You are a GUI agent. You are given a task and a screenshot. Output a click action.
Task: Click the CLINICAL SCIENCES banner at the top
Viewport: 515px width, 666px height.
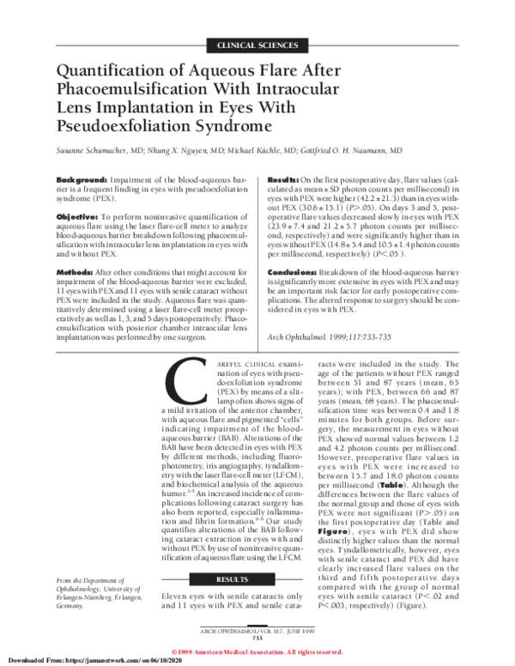click(x=257, y=43)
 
